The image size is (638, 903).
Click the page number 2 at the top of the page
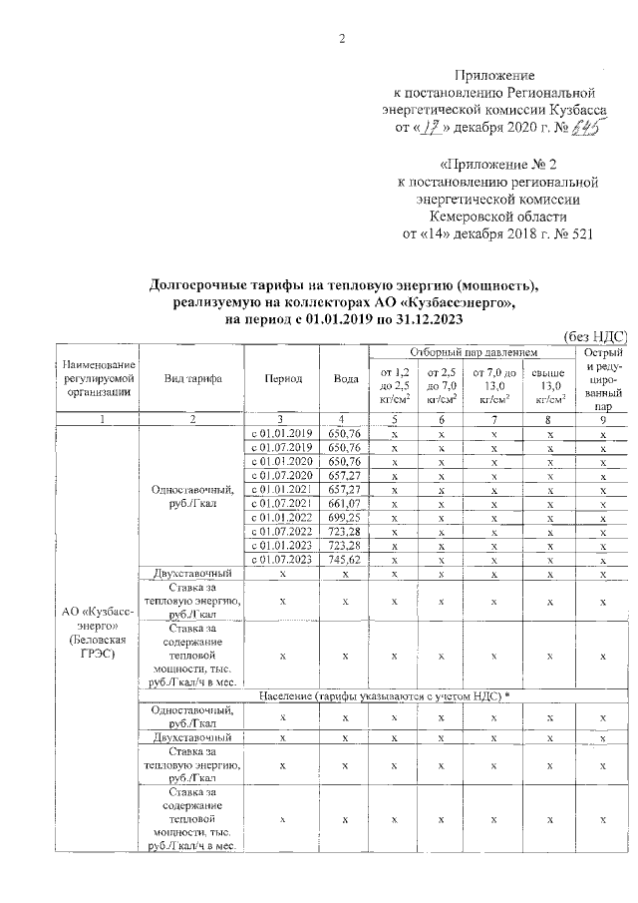[x=342, y=39]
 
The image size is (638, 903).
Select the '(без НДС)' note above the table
[x=595, y=336]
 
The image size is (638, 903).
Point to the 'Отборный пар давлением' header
[x=474, y=352]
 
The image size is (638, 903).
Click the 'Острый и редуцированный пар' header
[x=602, y=380]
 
